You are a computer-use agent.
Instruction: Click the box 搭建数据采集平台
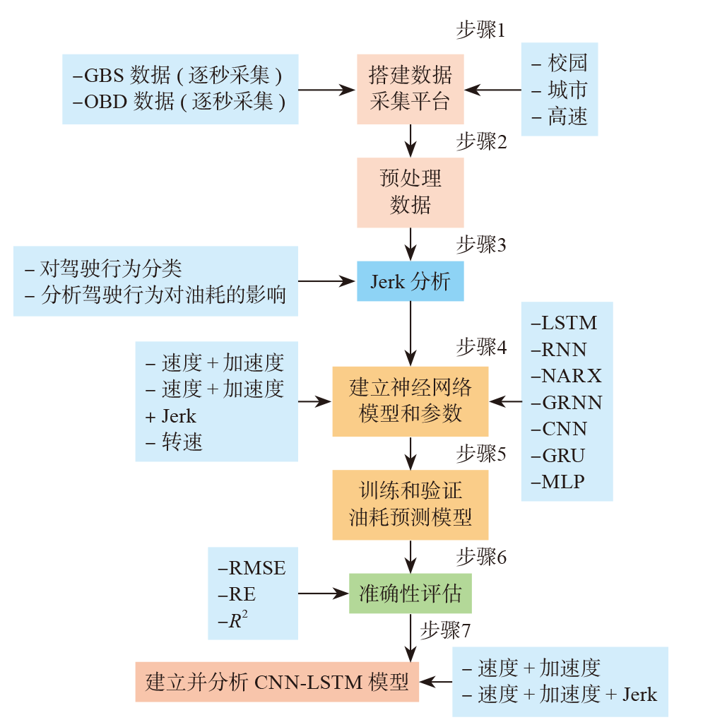point(410,89)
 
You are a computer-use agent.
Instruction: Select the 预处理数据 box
point(410,191)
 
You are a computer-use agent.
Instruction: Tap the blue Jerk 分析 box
point(410,281)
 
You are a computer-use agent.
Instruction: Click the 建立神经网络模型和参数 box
point(410,401)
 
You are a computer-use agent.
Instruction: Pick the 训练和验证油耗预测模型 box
point(410,504)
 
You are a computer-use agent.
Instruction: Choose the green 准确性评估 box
point(410,593)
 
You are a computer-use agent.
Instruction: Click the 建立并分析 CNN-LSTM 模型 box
point(277,682)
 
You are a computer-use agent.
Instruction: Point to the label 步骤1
point(481,32)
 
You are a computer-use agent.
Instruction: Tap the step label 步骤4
point(481,347)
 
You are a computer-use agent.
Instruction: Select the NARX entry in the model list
point(566,376)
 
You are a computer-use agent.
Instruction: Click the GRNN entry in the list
point(566,403)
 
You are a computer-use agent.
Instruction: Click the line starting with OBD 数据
point(179,102)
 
